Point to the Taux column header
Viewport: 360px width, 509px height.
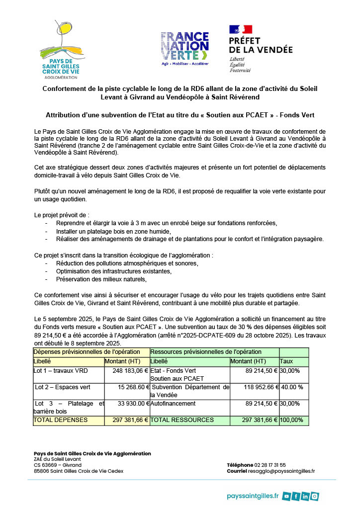pyautogui.click(x=286, y=361)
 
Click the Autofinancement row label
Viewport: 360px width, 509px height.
pyautogui.click(x=173, y=404)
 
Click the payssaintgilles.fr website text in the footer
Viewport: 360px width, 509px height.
pyautogui.click(x=253, y=496)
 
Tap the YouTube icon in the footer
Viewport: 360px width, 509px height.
pyautogui.click(x=286, y=496)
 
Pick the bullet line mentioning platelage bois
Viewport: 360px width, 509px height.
pyautogui.click(x=114, y=231)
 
